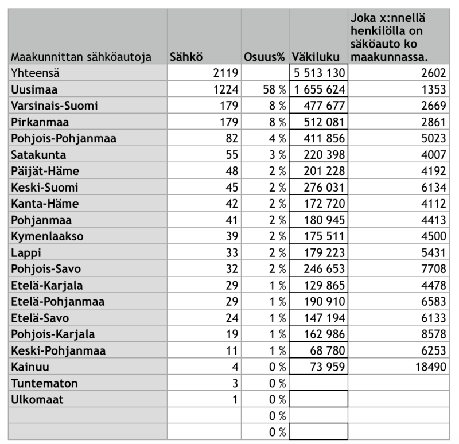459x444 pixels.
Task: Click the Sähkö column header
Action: [186, 57]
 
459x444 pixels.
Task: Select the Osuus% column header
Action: [264, 57]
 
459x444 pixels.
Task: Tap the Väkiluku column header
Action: [319, 57]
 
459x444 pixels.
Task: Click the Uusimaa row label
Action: [34, 89]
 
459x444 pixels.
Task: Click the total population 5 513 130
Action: [320, 73]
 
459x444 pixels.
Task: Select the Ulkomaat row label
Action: [37, 399]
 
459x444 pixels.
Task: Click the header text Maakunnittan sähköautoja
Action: [81, 57]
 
